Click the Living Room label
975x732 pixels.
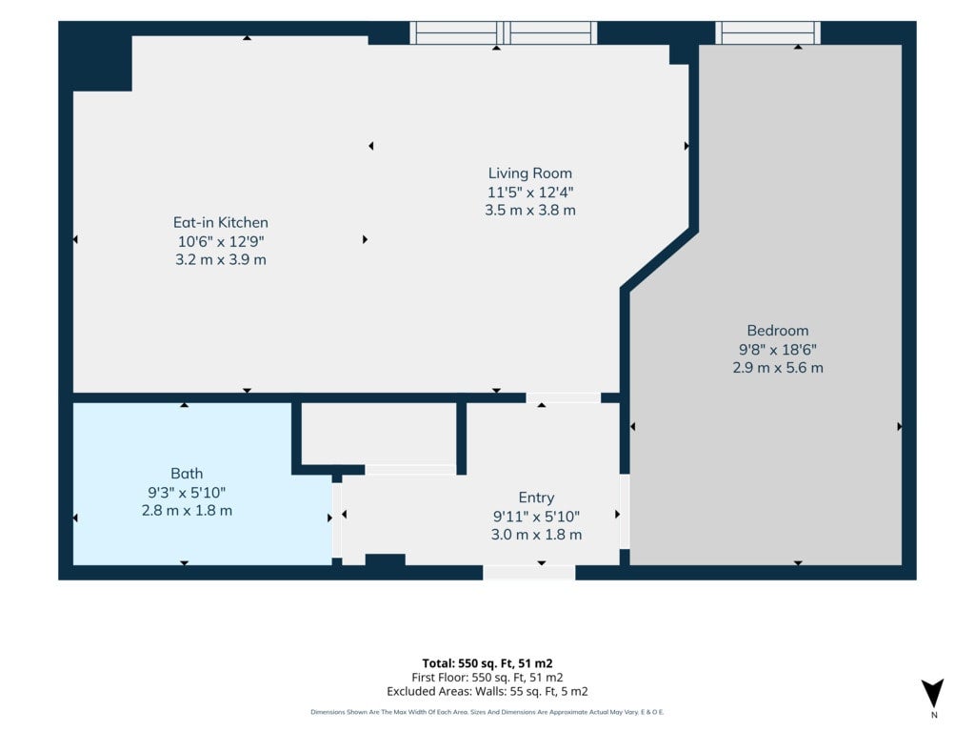coord(529,173)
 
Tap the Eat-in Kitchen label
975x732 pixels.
coord(221,222)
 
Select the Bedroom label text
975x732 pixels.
coord(778,331)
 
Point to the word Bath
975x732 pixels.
coord(187,474)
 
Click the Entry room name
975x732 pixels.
coord(536,498)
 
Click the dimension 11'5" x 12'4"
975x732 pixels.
coord(529,192)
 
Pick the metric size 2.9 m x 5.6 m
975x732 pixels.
coord(778,367)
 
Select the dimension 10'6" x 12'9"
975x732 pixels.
coord(221,241)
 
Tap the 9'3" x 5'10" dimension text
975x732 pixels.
coord(187,493)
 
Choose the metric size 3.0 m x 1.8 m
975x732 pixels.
coord(536,534)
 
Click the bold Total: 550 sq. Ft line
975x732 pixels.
coord(487,663)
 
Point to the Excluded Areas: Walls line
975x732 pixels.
coord(487,691)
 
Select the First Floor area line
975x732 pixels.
coord(487,678)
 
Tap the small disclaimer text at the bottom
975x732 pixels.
coord(487,712)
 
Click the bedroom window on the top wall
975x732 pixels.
coord(768,32)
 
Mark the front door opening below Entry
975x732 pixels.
coord(529,572)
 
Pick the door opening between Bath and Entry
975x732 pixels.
coord(336,520)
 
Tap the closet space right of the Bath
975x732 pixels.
coord(379,434)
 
